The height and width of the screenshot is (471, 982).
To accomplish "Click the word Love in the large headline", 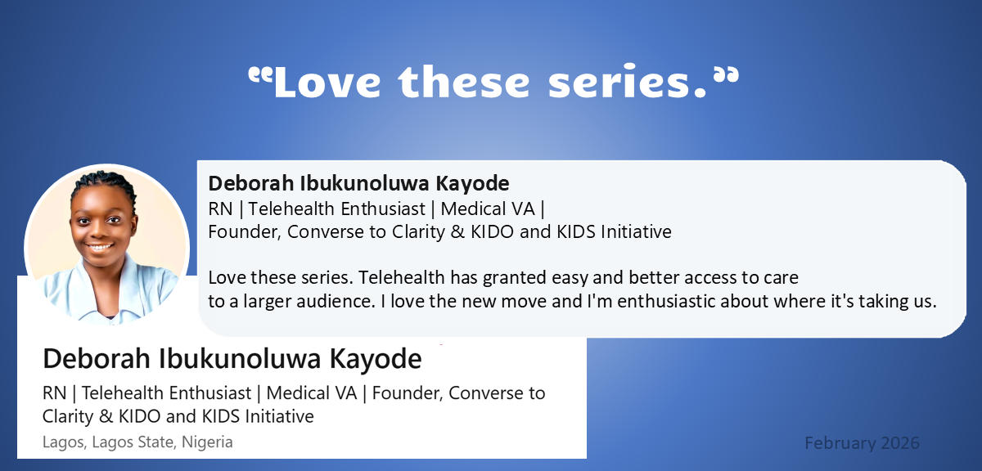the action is [327, 82].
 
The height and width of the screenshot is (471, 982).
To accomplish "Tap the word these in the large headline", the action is [464, 81].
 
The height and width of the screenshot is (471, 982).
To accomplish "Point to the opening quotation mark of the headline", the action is [260, 74].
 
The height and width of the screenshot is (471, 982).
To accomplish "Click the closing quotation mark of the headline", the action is [727, 74].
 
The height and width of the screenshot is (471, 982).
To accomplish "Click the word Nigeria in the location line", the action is [207, 442].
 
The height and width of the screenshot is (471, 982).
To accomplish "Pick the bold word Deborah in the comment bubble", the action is [252, 183].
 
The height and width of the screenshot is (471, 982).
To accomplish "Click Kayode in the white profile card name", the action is [376, 358].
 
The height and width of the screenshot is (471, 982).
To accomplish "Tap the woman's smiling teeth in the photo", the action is [101, 248].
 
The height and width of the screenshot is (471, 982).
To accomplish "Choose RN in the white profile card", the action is [54, 393].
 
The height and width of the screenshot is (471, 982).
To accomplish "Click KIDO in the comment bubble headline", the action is [492, 231].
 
